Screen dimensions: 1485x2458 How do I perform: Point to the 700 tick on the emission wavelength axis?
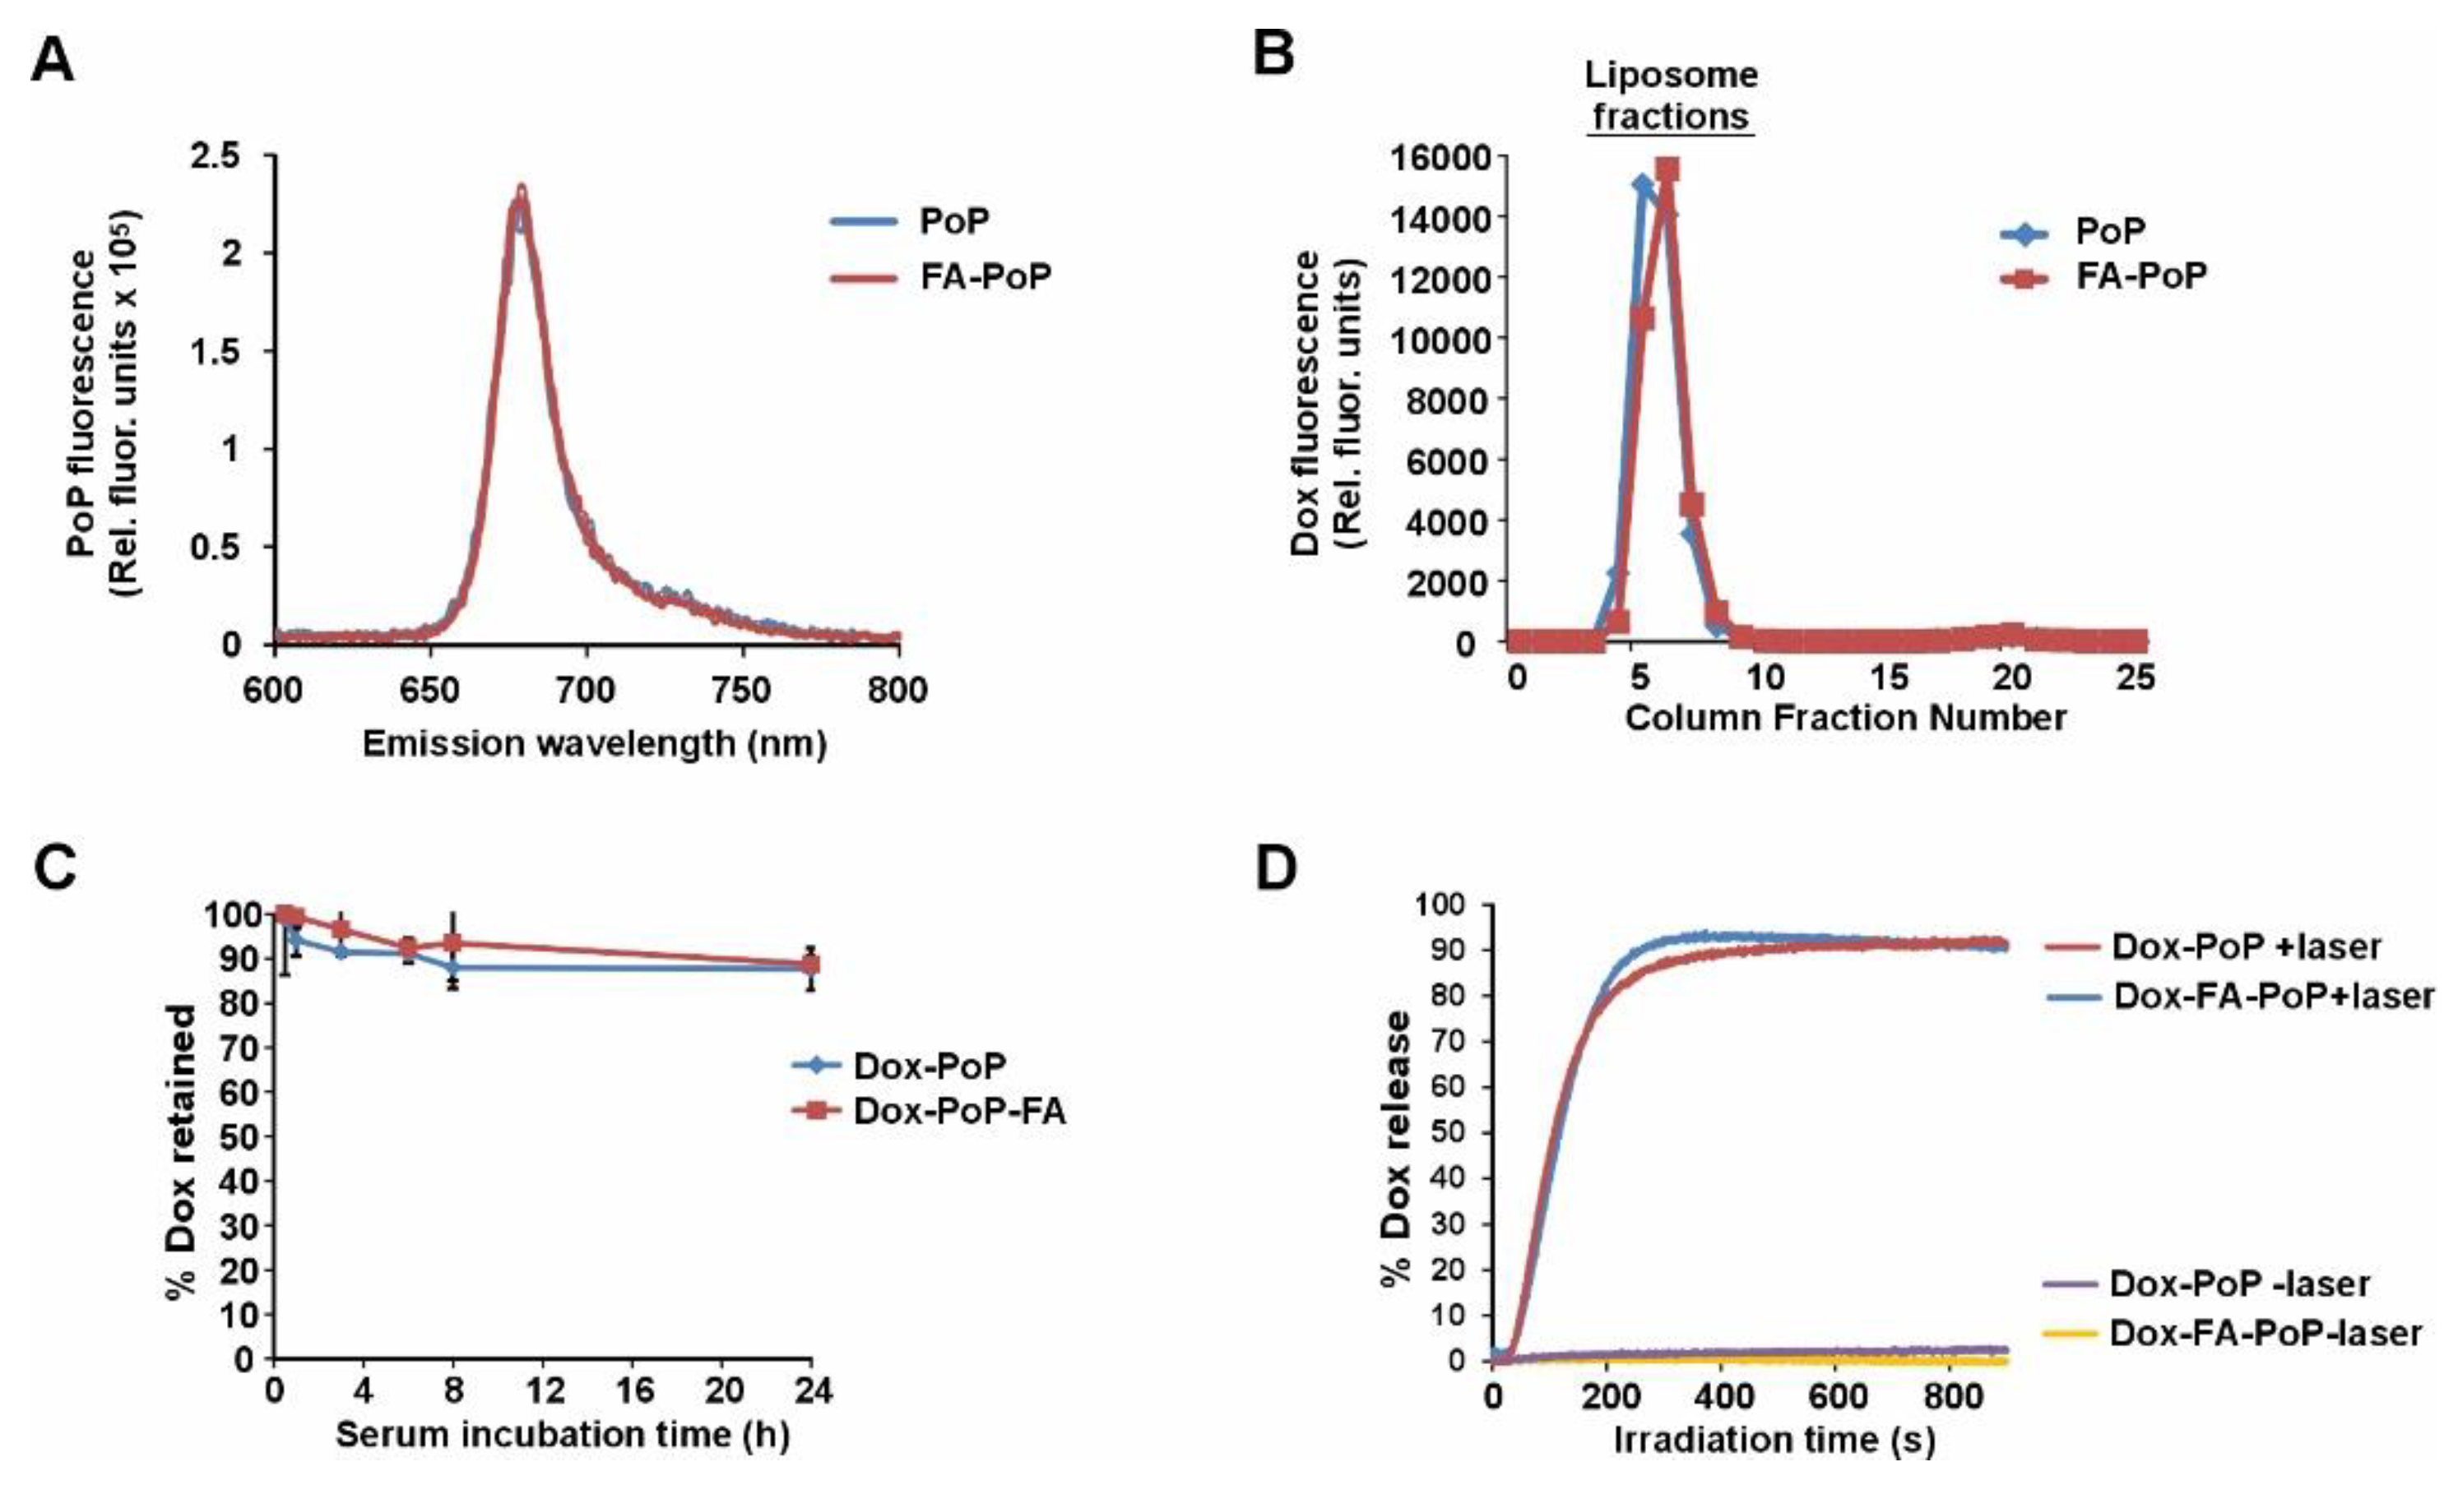pyautogui.click(x=586, y=690)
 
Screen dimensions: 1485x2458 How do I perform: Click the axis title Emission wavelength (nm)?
pyautogui.click(x=595, y=743)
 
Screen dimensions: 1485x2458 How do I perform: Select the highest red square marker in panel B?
pyautogui.click(x=1667, y=169)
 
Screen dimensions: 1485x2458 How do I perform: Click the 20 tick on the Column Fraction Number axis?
pyautogui.click(x=2012, y=678)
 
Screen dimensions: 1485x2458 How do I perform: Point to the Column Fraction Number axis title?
pyautogui.click(x=1845, y=718)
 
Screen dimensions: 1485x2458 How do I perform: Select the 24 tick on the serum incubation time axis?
pyautogui.click(x=812, y=1390)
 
